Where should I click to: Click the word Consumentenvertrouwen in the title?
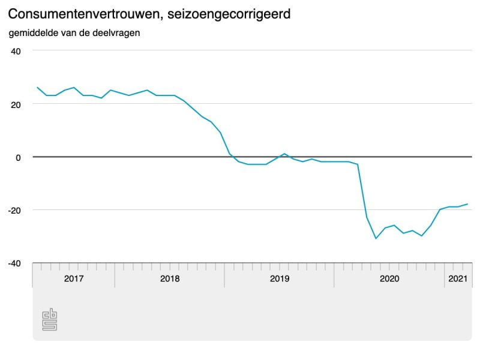coord(85,14)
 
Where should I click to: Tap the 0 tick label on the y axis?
coord(19,157)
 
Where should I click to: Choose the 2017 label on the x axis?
coord(73,278)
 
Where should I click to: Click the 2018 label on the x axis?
coord(170,278)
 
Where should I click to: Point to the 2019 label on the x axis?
coord(280,278)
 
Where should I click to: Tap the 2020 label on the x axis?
coord(389,278)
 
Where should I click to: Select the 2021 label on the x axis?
coord(458,278)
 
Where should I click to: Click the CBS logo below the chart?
coord(49,320)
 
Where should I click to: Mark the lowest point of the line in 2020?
coord(376,239)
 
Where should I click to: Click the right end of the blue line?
coord(467,204)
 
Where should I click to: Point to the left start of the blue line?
coord(37,88)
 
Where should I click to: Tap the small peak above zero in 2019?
coord(284,154)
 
